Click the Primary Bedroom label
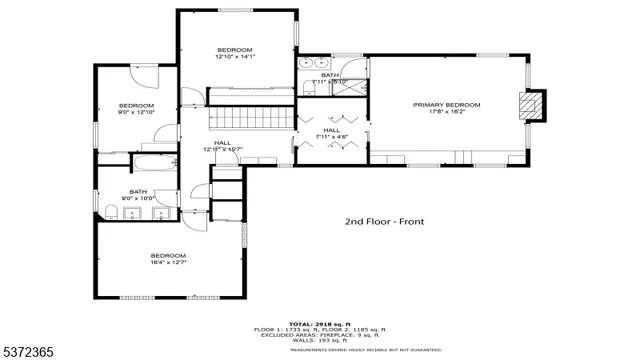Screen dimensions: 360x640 pyautogui.click(x=447, y=105)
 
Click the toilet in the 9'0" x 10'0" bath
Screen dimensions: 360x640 pyautogui.click(x=109, y=209)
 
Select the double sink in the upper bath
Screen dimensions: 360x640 pyautogui.click(x=307, y=65)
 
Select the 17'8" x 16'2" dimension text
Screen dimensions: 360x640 pyautogui.click(x=447, y=113)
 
